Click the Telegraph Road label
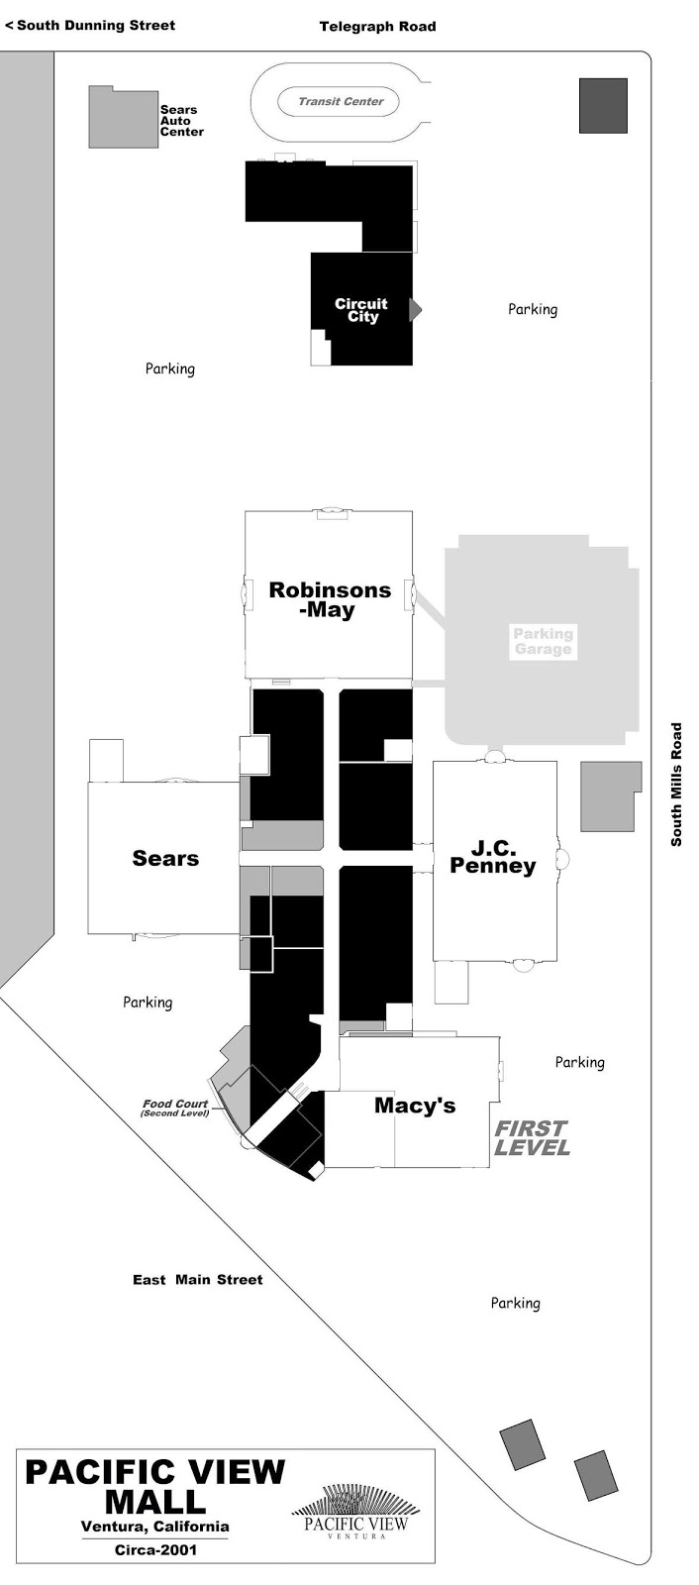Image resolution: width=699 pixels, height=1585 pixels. tap(377, 27)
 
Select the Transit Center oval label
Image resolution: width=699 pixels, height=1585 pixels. tap(341, 102)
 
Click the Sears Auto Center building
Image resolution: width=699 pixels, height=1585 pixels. tap(123, 118)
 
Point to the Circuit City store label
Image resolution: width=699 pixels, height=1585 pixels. tap(361, 310)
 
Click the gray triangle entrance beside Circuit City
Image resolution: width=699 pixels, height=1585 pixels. tap(415, 310)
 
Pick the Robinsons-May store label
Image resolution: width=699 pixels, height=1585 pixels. tap(330, 600)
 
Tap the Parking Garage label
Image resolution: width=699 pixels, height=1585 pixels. tap(543, 642)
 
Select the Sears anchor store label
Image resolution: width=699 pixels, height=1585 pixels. tap(165, 858)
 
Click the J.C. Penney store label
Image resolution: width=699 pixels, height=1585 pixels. tap(492, 857)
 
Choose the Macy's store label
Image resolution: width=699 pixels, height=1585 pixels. tap(415, 1106)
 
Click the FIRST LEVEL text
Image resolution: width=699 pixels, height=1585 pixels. tap(532, 1138)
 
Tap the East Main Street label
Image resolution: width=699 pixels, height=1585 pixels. tap(197, 1279)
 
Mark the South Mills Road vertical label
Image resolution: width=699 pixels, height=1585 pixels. tap(676, 784)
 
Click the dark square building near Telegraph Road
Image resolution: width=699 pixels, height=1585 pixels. tap(603, 105)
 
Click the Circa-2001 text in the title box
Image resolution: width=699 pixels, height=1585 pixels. tap(155, 1549)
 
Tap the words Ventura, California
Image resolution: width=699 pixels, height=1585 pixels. tap(154, 1527)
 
